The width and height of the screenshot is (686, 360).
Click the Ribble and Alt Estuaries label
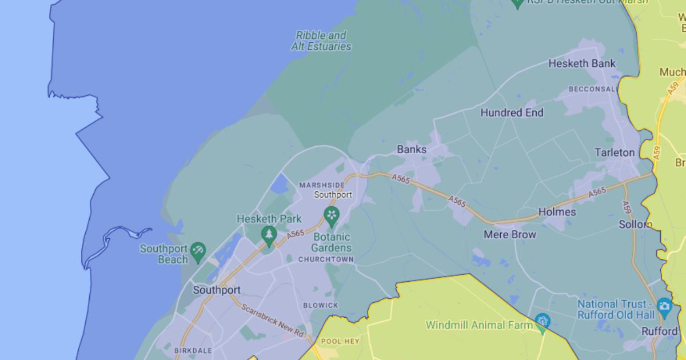tap(321, 41)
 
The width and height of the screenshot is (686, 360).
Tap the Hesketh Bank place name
tap(582, 63)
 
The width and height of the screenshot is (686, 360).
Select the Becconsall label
tap(593, 89)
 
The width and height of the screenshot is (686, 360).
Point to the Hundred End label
tap(512, 113)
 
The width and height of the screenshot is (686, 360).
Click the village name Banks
tap(412, 150)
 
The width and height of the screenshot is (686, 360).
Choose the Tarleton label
tap(615, 153)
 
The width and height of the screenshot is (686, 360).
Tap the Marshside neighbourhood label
tap(322, 185)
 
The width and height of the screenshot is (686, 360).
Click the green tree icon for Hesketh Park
tap(269, 234)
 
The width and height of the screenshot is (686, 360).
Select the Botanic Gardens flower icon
tap(331, 215)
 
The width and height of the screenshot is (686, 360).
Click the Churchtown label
tap(326, 259)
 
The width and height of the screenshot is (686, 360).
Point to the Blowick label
tap(321, 306)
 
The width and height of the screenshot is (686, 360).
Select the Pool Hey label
tap(340, 341)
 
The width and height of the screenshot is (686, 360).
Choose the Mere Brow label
tap(510, 234)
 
